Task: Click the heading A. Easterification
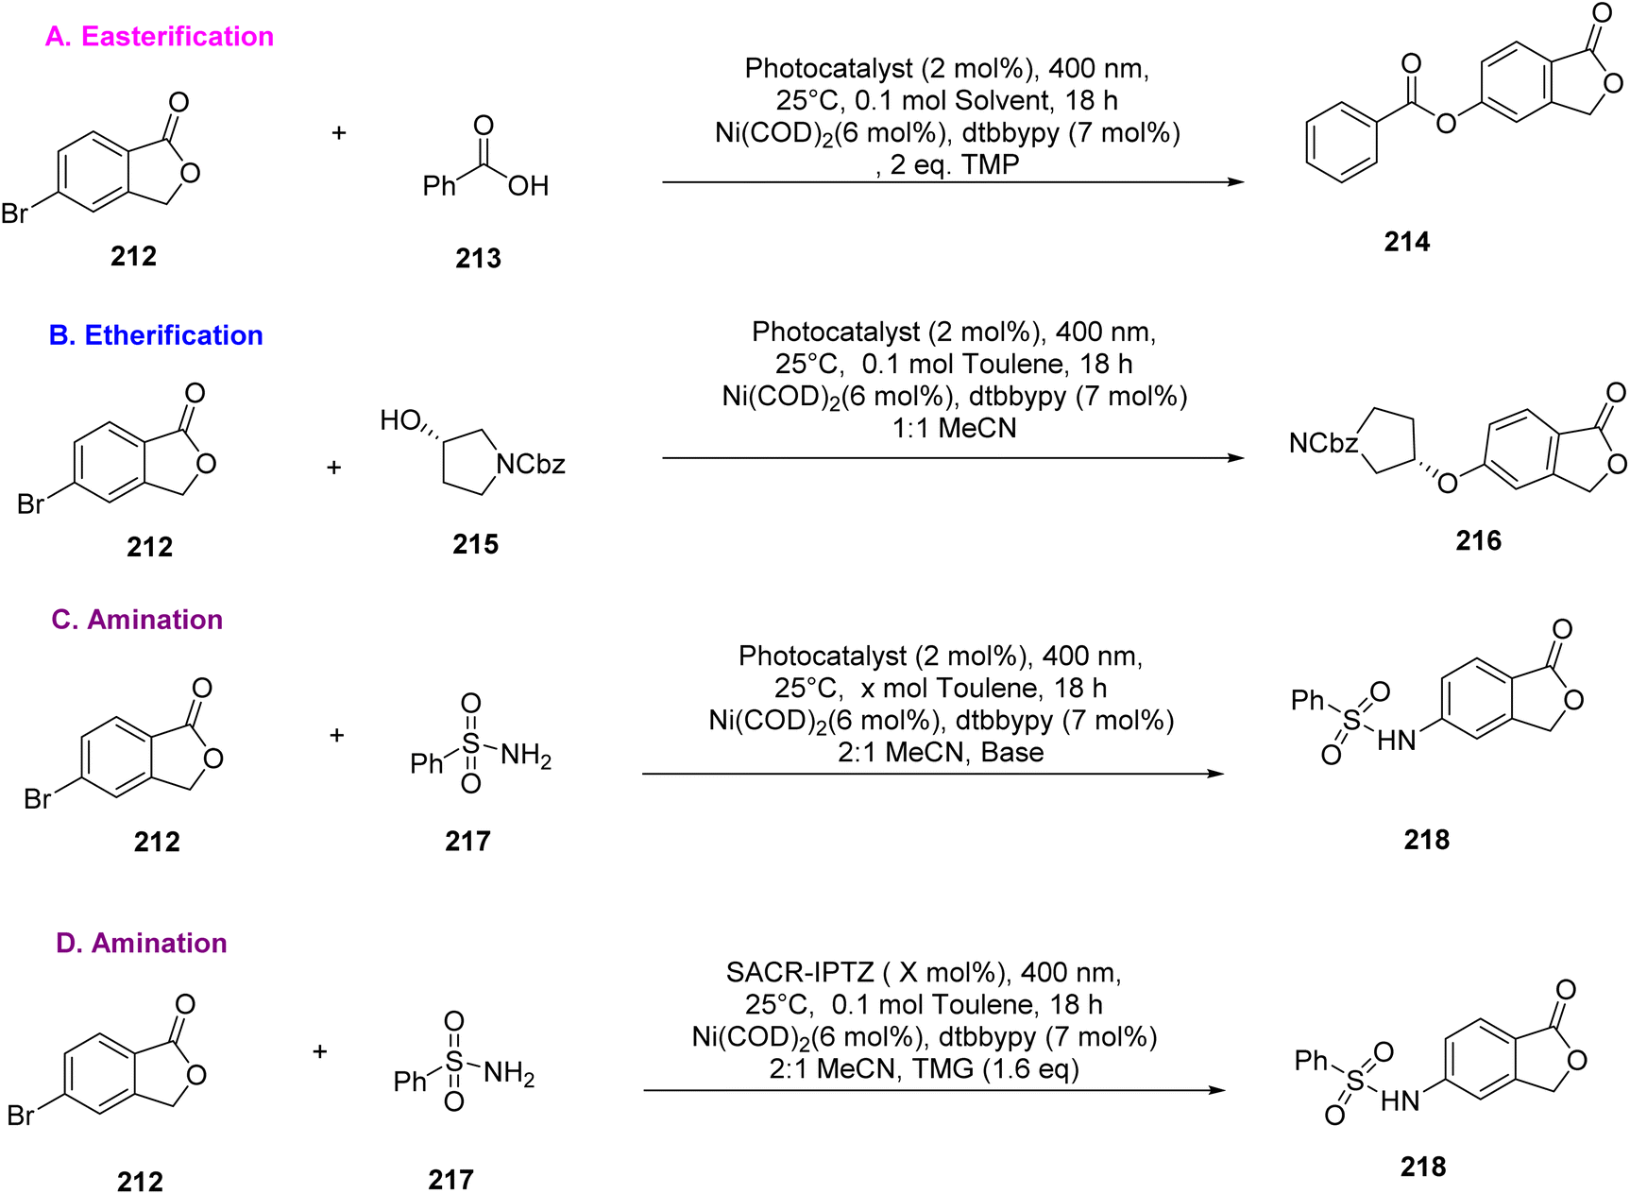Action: (x=160, y=37)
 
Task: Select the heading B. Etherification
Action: (x=156, y=335)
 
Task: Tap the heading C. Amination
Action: (x=137, y=620)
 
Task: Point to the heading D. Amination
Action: (x=142, y=944)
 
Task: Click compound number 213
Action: (x=478, y=259)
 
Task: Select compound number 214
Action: (x=1407, y=243)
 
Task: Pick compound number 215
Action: (x=475, y=545)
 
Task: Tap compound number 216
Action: (x=1478, y=541)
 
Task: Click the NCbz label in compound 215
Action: (x=531, y=465)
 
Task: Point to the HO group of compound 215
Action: (x=399, y=420)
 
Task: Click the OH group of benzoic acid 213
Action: (x=528, y=186)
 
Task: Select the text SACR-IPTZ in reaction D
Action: (x=800, y=973)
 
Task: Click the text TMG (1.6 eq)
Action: (x=995, y=1069)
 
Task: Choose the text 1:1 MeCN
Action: (x=955, y=429)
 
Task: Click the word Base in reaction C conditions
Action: (x=1012, y=753)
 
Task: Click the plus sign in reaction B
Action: (x=334, y=468)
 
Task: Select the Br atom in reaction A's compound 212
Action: (x=15, y=213)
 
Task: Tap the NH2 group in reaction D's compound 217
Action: (x=509, y=1074)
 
